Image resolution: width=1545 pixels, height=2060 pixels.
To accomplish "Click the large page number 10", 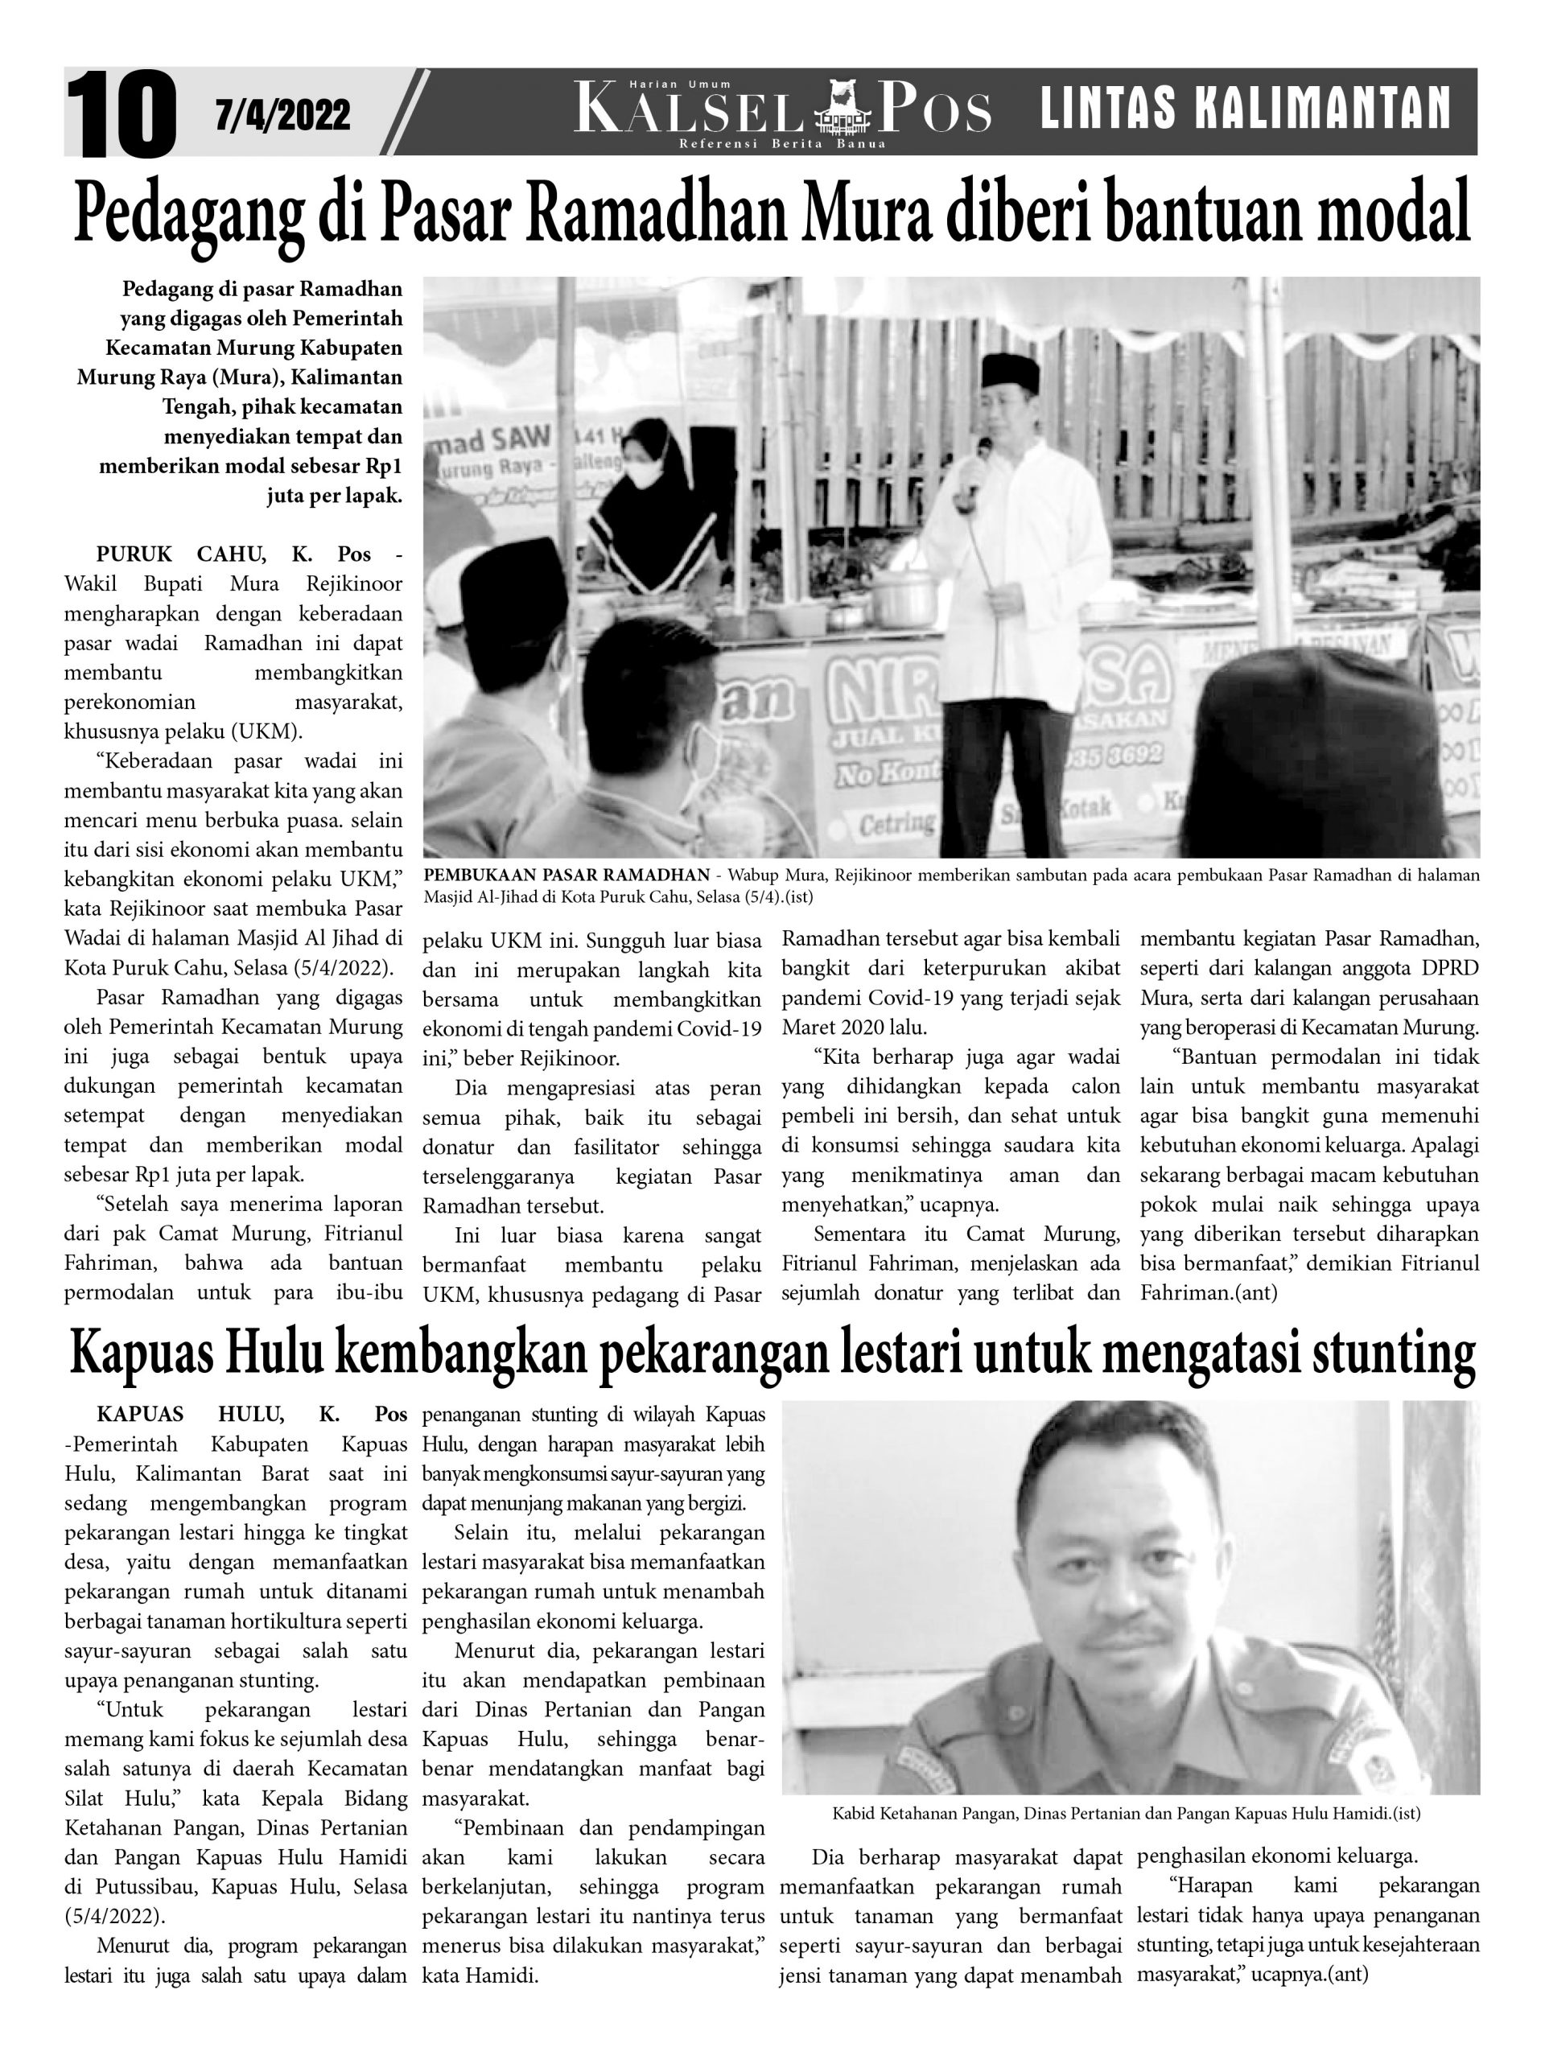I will click(121, 113).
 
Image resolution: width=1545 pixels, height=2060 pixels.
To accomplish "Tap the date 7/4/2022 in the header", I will click(282, 114).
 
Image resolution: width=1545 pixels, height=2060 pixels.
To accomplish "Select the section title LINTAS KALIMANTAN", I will click(1244, 107).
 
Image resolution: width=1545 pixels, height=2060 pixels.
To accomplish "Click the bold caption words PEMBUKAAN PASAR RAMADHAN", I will click(566, 875).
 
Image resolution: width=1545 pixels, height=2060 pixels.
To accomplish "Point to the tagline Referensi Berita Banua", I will click(782, 143).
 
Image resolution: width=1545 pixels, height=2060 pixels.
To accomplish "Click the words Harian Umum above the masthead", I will click(693, 85).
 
